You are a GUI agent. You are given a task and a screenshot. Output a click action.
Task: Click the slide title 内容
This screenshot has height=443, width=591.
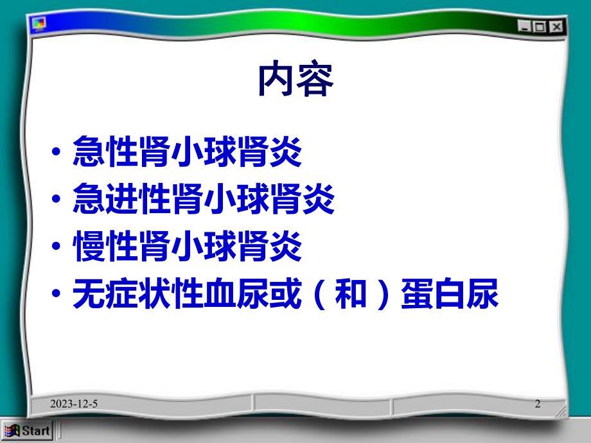[x=295, y=80]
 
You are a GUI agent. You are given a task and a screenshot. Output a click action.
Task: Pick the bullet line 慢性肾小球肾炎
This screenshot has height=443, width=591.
[x=187, y=248]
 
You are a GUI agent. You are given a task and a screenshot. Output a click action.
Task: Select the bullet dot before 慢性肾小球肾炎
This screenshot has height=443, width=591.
[x=58, y=250]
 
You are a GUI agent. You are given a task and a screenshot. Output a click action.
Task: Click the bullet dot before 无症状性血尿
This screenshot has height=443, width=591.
[x=58, y=297]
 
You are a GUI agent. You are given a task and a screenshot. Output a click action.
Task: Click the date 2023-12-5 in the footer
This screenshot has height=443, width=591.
[x=76, y=404]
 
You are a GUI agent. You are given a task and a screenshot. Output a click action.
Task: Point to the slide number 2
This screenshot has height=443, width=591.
[x=538, y=404]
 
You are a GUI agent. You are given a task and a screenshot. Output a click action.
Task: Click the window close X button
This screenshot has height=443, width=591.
[x=556, y=26]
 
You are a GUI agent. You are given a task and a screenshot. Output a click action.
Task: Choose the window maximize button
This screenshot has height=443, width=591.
[x=540, y=26]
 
